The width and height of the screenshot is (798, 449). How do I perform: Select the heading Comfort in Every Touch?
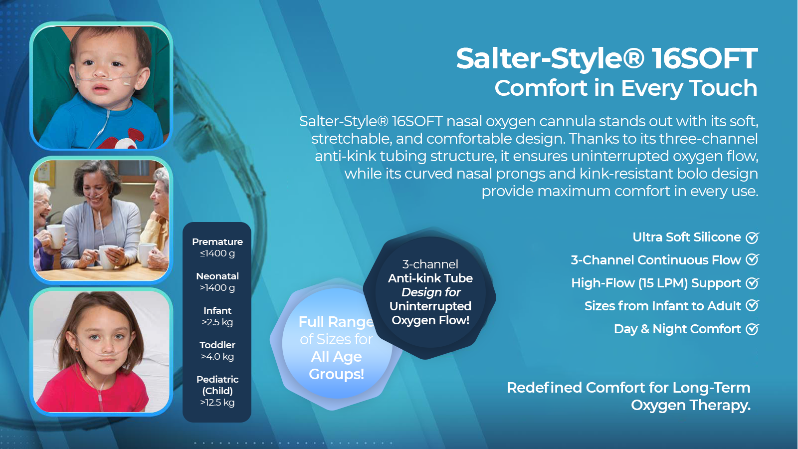tap(625, 88)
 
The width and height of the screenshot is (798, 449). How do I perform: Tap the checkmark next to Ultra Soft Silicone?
tap(752, 238)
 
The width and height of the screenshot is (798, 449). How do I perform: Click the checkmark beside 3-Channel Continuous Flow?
tap(752, 260)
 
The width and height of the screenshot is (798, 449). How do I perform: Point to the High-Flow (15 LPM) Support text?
tap(656, 283)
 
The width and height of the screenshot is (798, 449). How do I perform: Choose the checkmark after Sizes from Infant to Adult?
tap(752, 306)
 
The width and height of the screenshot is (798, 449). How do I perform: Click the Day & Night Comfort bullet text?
tap(677, 329)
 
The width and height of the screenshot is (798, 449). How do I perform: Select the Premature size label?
tap(217, 242)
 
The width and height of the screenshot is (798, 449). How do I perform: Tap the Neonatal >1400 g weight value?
tap(217, 288)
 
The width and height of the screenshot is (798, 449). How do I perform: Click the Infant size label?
tap(217, 311)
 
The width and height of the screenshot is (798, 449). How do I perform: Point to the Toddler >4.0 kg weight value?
tap(217, 357)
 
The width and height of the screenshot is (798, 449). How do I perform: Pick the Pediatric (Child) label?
tap(217, 385)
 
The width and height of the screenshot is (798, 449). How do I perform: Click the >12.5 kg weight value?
tap(217, 403)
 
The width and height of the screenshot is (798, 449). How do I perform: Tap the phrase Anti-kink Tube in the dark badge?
tap(430, 278)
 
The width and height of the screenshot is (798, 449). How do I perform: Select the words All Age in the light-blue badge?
tap(336, 357)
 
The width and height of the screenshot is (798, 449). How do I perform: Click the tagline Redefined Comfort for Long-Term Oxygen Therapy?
tap(628, 396)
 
